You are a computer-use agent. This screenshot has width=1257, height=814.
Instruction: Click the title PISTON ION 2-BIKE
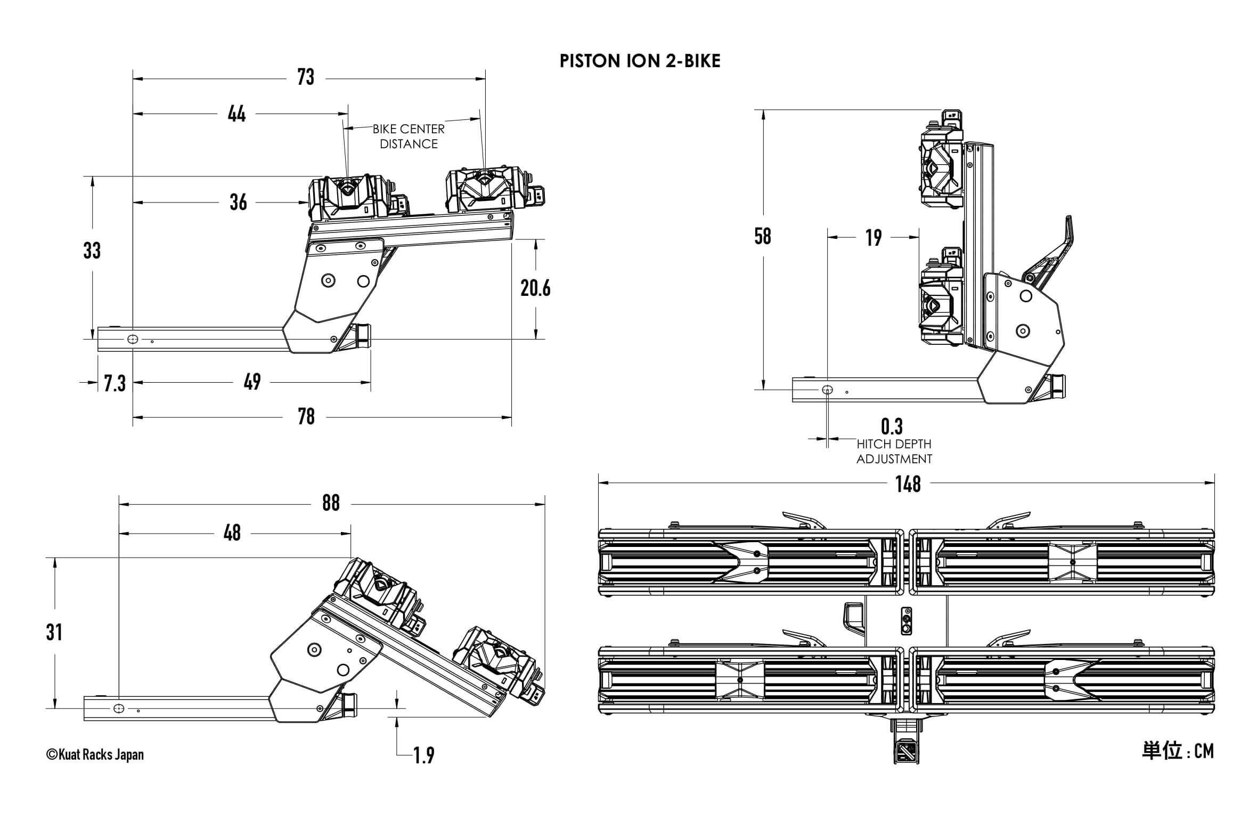[x=640, y=61]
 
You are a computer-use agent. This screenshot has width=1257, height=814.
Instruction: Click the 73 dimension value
[x=306, y=77]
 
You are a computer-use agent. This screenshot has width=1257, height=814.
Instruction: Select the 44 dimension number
[x=236, y=114]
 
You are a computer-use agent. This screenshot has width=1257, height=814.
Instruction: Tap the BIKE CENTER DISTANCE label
[x=409, y=136]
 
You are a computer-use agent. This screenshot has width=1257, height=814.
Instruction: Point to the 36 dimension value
[x=238, y=203]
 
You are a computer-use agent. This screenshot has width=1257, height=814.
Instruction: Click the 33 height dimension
[x=92, y=251]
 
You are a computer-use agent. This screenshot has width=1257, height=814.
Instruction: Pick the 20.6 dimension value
[x=535, y=288]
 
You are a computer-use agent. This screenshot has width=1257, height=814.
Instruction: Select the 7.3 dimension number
[x=115, y=383]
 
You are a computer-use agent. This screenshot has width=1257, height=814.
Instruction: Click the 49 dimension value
[x=252, y=382]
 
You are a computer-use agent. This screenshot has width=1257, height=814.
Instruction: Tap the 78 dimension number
[x=306, y=417]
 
